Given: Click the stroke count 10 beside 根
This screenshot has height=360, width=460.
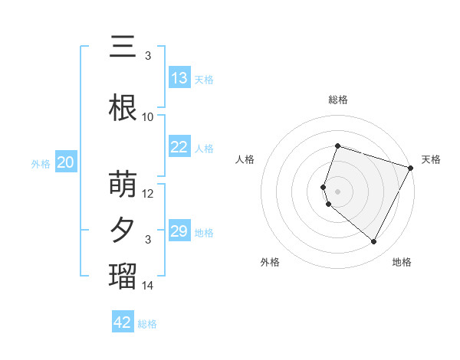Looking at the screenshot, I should (x=148, y=117).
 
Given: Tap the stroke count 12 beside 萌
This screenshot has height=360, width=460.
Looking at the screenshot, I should (x=148, y=194).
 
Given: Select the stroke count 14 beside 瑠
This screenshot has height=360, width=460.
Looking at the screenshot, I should (x=148, y=286).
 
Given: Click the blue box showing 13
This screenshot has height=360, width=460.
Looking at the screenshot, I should (x=179, y=78).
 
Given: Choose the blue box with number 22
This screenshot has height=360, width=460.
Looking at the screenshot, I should (x=179, y=147).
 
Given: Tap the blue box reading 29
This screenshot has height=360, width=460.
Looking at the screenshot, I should (x=179, y=231).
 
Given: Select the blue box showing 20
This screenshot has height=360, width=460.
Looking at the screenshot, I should (x=66, y=162).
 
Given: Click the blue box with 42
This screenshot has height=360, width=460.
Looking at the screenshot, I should (x=123, y=322).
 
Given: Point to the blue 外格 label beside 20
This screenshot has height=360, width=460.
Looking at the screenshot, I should (x=41, y=163).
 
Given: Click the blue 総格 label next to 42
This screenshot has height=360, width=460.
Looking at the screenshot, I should (x=147, y=324).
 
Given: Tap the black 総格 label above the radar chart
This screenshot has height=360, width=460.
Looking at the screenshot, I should (x=337, y=100).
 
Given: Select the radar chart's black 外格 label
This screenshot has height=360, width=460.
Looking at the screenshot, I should (x=270, y=262).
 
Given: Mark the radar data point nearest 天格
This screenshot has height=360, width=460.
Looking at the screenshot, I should (x=411, y=168).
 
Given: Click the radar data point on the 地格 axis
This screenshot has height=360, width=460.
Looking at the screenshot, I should (x=374, y=242).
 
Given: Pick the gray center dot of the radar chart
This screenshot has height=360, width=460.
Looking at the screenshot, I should (x=337, y=191).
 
